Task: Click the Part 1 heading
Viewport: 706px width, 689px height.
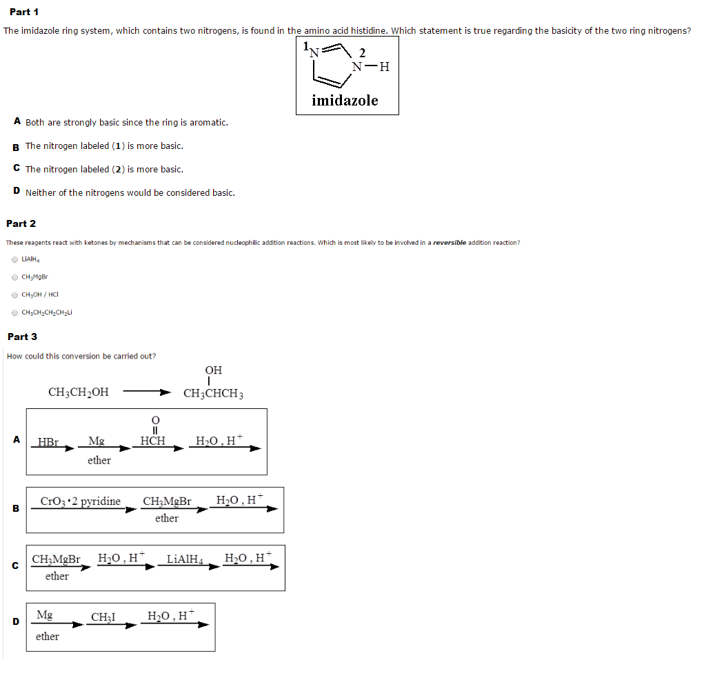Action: coord(24,12)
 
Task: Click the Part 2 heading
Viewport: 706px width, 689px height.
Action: coord(21,223)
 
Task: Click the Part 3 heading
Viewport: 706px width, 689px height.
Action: coord(22,337)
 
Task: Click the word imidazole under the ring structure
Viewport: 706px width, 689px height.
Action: coord(345,101)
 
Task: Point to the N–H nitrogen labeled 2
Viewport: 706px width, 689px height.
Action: coord(357,67)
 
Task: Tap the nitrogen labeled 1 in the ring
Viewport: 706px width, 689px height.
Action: coord(314,50)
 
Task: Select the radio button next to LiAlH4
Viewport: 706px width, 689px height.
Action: coord(14,259)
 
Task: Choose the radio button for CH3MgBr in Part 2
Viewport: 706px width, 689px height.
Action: coord(14,277)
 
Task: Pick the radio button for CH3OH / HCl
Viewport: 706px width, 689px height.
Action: coord(14,294)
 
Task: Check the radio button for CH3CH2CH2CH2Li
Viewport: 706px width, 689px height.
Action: coord(14,312)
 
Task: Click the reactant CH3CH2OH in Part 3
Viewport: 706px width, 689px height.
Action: coord(78,392)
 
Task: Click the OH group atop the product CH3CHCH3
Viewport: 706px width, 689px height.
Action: coord(213,371)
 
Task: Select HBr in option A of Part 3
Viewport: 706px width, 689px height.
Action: coord(48,441)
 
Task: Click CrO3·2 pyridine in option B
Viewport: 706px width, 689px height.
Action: coord(81,501)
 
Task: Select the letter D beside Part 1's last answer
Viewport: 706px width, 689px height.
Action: coord(16,192)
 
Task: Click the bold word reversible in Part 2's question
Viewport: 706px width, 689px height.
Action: coord(450,243)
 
